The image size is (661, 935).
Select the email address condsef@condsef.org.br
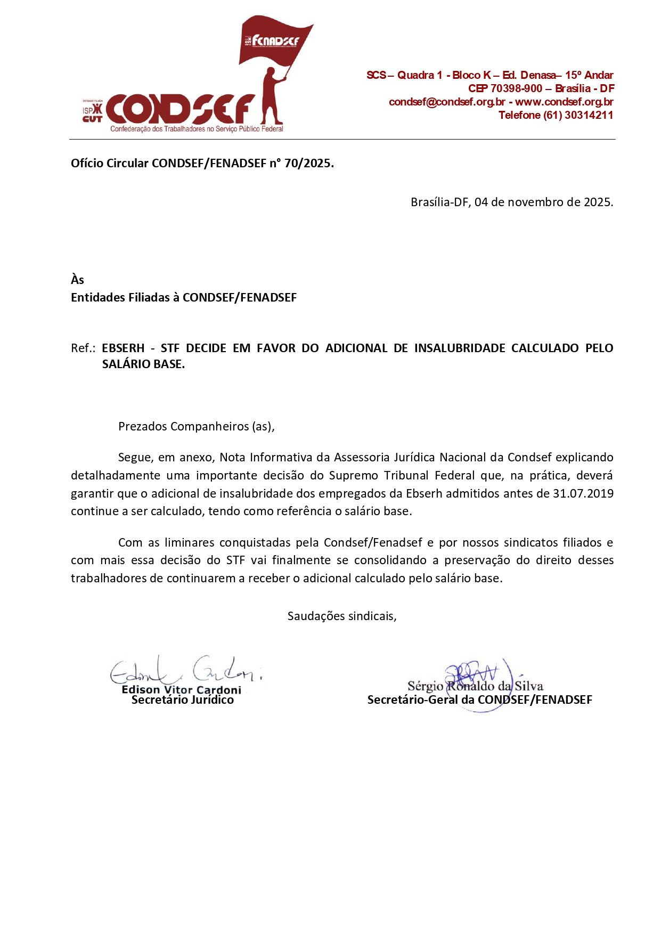coord(447,102)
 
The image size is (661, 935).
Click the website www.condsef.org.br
coord(564,102)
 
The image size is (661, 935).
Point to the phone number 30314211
coord(589,115)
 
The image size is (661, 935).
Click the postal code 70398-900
coord(516,88)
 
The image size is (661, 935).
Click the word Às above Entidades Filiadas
coord(77,280)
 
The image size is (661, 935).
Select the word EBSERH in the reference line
coord(123,348)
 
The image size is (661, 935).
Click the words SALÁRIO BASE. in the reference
coord(143,364)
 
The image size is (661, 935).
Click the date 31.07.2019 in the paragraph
coord(583,493)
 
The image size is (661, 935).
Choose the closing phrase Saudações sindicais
coord(341,616)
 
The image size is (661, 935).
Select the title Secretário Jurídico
coord(183,700)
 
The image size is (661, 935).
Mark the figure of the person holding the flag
coord(271,99)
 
